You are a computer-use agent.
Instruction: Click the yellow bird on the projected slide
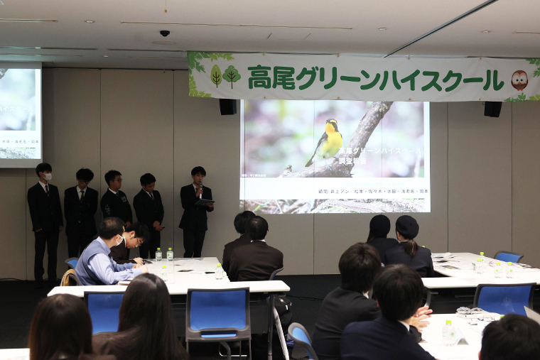click(328, 142)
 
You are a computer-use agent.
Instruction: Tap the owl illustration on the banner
click(519, 80)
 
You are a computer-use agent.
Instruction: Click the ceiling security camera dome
click(165, 33)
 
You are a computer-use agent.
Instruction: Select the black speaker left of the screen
click(227, 107)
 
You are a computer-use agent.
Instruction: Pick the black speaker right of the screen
click(492, 109)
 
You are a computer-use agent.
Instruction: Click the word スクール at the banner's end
click(462, 80)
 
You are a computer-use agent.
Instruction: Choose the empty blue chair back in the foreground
click(219, 313)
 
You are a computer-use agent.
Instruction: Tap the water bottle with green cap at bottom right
click(448, 332)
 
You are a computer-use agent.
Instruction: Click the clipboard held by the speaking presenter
click(205, 202)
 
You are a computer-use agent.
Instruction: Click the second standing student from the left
click(81, 209)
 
